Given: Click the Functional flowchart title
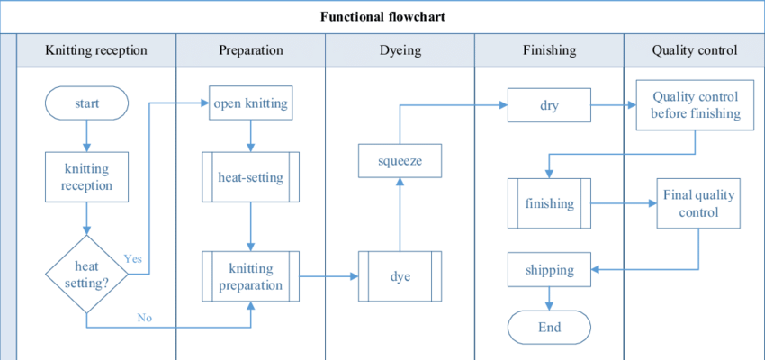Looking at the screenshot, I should [382, 17].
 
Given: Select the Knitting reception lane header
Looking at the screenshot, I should [96, 50].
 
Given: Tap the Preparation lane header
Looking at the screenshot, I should [251, 50].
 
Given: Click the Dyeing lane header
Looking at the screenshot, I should [400, 50].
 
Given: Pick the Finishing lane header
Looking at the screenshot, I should [549, 50].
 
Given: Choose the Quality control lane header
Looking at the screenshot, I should [695, 50].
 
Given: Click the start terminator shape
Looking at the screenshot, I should [87, 103].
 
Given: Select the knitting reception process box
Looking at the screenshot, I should [87, 176].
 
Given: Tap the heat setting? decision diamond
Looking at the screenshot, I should [87, 273].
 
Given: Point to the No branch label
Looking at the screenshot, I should [144, 317].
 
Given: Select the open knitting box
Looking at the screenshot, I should [251, 103].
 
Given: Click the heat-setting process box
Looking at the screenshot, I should [251, 177].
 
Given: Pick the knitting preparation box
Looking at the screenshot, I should [251, 276].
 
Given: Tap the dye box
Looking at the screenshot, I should [400, 276].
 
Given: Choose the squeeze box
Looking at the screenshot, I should [400, 162].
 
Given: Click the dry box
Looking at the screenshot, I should [549, 105].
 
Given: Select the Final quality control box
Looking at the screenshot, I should [698, 203].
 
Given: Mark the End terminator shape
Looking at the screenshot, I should [549, 327].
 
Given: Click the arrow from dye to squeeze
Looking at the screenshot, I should [400, 216].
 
